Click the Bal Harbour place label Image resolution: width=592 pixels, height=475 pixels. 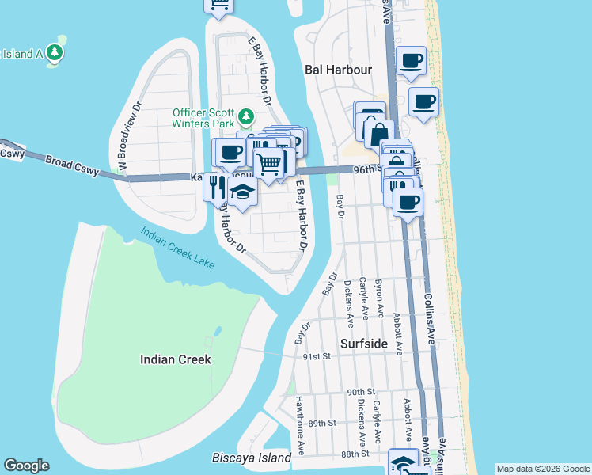[x=338, y=70]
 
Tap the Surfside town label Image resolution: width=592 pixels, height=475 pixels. [x=363, y=344]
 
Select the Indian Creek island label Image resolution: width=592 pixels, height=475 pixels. [x=175, y=359]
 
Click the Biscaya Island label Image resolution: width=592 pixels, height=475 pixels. [x=252, y=458]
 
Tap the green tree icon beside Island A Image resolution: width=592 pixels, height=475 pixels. [x=55, y=53]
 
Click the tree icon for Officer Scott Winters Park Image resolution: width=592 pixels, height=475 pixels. [x=245, y=117]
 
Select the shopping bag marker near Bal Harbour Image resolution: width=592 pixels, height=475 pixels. [x=379, y=134]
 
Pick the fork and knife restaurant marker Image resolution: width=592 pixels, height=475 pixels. [x=216, y=187]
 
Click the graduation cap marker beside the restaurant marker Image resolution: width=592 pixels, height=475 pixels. [x=242, y=192]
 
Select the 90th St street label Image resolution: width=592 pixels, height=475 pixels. [x=360, y=392]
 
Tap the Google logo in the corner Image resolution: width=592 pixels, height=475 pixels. [x=26, y=465]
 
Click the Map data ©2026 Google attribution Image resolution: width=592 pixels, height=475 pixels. [x=543, y=469]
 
